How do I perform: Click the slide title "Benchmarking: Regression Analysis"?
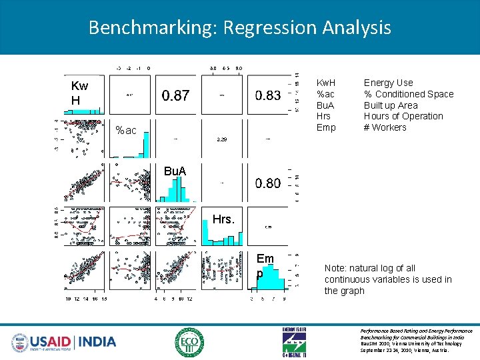point(239,27)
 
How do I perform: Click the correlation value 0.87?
point(175,96)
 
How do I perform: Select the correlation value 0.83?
point(268,96)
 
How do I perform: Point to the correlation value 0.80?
point(268,183)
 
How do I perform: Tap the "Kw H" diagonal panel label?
point(79,93)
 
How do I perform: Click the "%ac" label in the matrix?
point(125,131)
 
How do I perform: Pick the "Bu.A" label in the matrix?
point(175,171)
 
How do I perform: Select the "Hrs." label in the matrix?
point(223,219)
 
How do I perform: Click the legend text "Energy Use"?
point(388,83)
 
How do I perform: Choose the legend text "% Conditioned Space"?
point(408,94)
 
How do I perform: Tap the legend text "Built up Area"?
point(391,105)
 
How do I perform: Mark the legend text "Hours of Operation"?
point(403,116)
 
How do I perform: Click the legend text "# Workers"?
point(385,127)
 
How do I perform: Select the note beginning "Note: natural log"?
point(387,279)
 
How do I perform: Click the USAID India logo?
point(63,342)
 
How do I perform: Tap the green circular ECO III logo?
point(189,342)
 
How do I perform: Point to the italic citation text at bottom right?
point(416,340)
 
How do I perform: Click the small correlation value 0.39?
point(221,139)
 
